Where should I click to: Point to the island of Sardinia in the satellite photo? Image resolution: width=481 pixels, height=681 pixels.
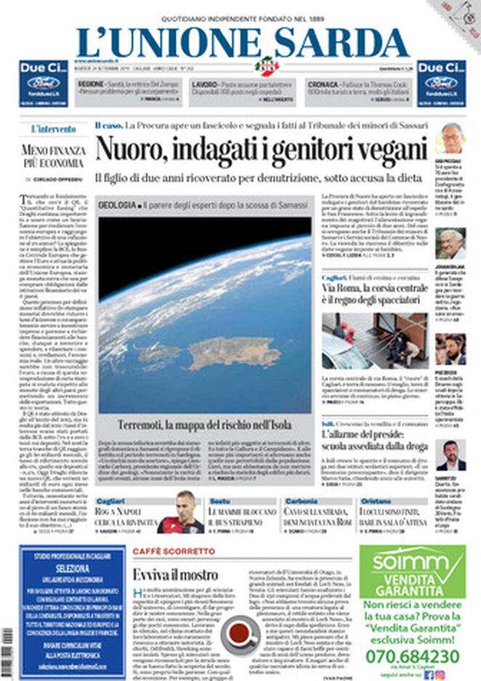234,353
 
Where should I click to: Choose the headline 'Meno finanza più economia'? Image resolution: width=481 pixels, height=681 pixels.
54,157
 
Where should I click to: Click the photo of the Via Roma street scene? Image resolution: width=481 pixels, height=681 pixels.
374,340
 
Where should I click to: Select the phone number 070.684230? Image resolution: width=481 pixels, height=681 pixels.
412,656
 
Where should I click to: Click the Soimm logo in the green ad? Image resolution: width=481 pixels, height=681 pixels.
411,560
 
